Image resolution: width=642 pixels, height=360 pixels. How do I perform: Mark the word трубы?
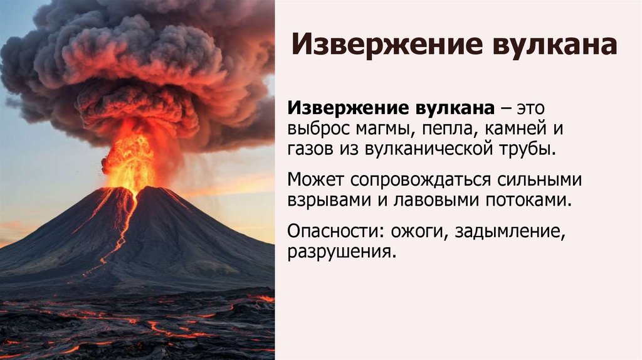pyautogui.click(x=530, y=151)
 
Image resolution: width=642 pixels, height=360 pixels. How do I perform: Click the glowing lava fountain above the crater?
pyautogui.click(x=130, y=160)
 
